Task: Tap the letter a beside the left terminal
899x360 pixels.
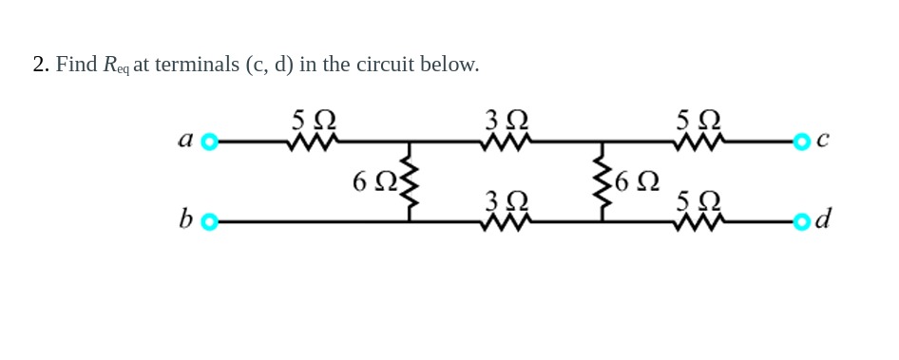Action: point(186,141)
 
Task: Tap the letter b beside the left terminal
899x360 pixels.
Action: point(185,220)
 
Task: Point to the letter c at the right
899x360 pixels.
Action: point(823,141)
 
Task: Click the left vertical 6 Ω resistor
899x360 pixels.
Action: point(410,183)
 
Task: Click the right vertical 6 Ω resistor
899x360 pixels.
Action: point(602,183)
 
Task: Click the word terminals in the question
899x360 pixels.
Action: point(197,65)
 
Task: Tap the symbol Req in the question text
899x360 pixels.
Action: point(115,66)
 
